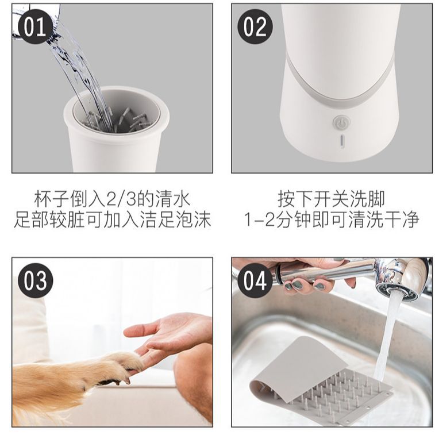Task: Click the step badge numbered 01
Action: pyautogui.click(x=35, y=27)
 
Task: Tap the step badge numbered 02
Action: pyautogui.click(x=255, y=27)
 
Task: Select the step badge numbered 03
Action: pyautogui.click(x=35, y=280)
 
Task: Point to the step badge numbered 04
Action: pyautogui.click(x=255, y=280)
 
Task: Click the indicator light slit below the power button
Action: pyautogui.click(x=342, y=141)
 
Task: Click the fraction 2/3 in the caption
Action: pyautogui.click(x=121, y=199)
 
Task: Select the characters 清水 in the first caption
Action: pyautogui.click(x=172, y=199)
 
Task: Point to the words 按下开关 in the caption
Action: pyautogui.click(x=313, y=199)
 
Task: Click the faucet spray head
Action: pyautogui.click(x=401, y=279)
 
